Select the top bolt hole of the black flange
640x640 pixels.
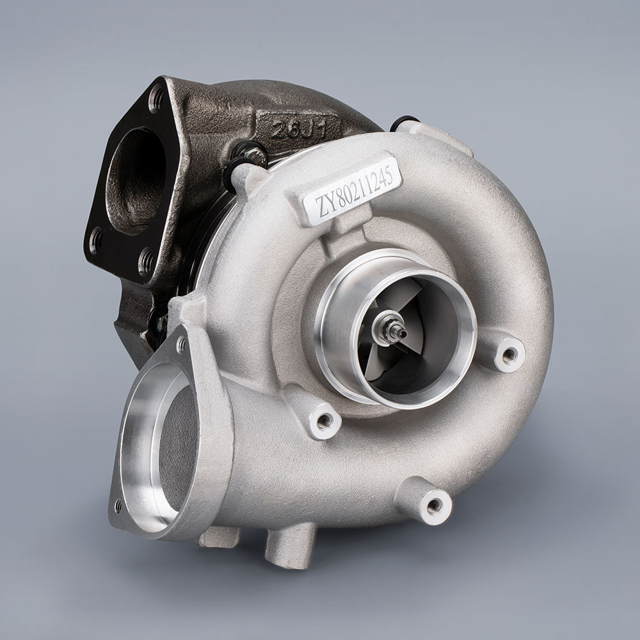[x=156, y=98]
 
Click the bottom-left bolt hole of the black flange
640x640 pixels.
[x=97, y=241]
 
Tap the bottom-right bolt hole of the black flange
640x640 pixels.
[x=146, y=259]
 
